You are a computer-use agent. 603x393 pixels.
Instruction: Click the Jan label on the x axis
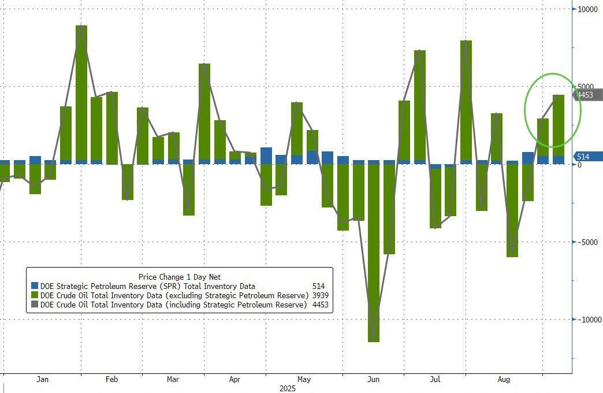pyautogui.click(x=42, y=380)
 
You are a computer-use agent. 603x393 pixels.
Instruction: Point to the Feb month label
pyautogui.click(x=111, y=380)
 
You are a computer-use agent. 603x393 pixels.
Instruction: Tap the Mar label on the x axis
pyautogui.click(x=173, y=380)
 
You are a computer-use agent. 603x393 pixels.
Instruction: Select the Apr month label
pyautogui.click(x=234, y=380)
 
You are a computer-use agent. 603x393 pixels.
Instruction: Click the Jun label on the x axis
pyautogui.click(x=374, y=380)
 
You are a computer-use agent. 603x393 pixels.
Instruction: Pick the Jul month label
pyautogui.click(x=435, y=380)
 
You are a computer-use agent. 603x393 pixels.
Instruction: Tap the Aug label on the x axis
pyautogui.click(x=504, y=380)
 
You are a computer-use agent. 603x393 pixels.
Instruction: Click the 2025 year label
pyautogui.click(x=287, y=388)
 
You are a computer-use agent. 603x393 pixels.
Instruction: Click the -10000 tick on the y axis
pyautogui.click(x=588, y=320)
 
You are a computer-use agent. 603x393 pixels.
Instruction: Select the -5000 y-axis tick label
pyautogui.click(x=590, y=242)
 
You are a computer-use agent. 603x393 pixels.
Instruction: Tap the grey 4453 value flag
pyautogui.click(x=586, y=95)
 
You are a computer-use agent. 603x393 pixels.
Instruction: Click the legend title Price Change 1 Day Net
pyautogui.click(x=180, y=277)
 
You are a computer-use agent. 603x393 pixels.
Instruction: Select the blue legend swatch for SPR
pyautogui.click(x=35, y=286)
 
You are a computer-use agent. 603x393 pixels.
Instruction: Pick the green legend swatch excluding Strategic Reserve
pyautogui.click(x=35, y=295)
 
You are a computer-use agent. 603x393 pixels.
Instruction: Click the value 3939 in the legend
pyautogui.click(x=319, y=295)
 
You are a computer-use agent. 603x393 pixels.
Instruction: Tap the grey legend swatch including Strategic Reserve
pyautogui.click(x=35, y=305)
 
